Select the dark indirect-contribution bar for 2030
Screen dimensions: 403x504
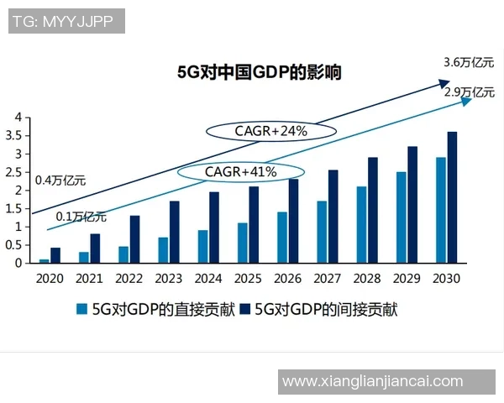point(453,197)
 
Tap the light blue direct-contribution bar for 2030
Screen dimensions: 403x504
point(441,210)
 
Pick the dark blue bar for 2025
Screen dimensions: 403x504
point(254,225)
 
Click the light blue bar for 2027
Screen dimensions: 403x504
point(322,232)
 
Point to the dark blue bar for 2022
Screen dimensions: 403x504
point(134,239)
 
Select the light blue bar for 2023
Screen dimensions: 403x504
point(163,250)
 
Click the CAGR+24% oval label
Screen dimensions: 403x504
point(271,131)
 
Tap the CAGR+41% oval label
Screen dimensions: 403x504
point(241,172)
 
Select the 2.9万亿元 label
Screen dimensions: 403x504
point(470,92)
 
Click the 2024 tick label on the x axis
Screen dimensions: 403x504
point(208,279)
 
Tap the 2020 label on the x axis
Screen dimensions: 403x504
point(50,279)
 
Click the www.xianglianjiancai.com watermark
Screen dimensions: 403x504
point(372,381)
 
